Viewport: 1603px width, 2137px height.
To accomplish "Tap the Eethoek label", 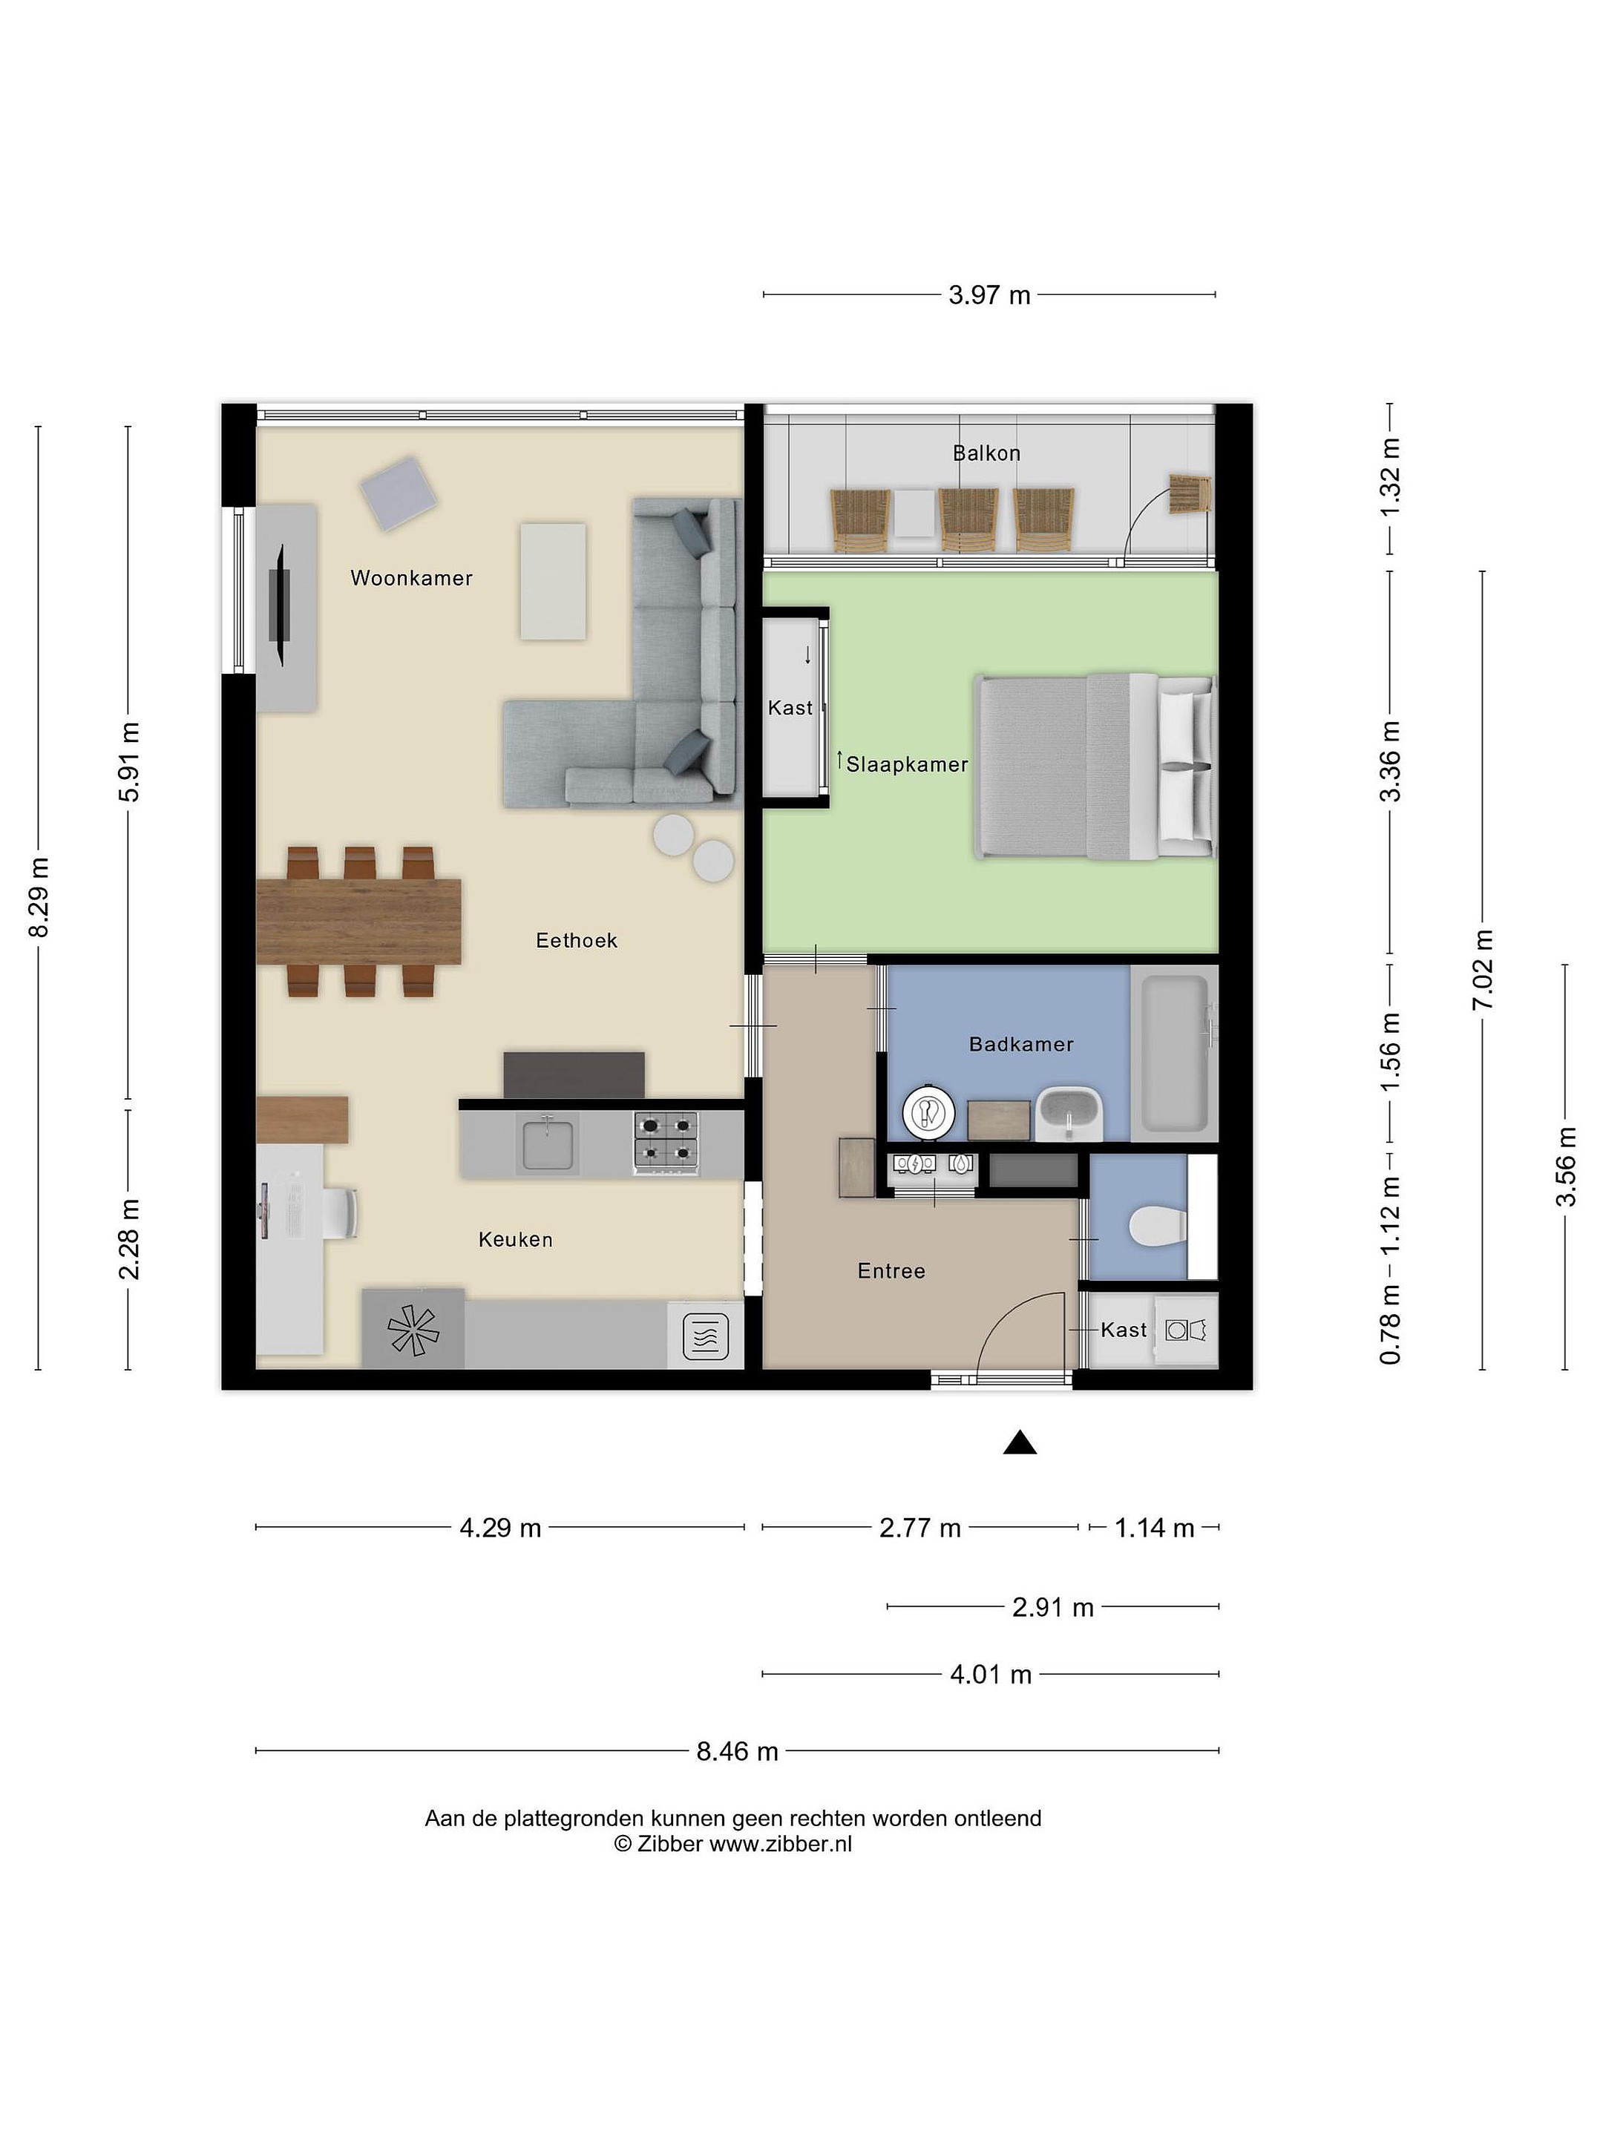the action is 576,940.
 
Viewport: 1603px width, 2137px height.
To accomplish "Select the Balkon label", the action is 986,453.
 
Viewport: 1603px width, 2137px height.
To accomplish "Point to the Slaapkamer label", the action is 906,764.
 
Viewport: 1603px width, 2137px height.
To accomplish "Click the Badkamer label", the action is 1021,1044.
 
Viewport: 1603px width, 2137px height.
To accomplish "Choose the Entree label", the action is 891,1271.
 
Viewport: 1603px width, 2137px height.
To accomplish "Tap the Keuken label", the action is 515,1239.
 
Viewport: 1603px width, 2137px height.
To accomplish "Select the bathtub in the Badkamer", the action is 1174,1053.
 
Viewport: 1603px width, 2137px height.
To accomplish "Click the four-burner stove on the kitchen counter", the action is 666,1142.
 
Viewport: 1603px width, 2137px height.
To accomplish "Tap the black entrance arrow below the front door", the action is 1020,1442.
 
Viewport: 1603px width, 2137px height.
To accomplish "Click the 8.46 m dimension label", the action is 737,1752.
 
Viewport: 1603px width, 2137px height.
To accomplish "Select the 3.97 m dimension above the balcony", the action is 989,295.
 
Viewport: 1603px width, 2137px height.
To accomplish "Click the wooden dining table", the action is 358,922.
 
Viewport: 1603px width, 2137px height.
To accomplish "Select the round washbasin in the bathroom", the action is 928,1113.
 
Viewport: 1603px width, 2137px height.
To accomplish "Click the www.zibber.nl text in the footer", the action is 781,1843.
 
